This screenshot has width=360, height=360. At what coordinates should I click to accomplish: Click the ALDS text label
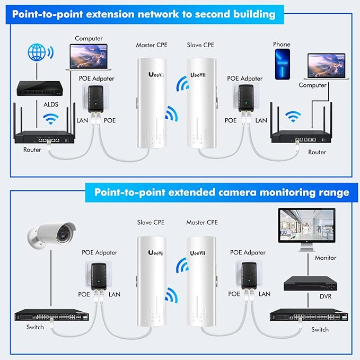coord(51,104)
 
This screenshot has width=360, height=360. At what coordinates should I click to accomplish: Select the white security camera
coord(51,234)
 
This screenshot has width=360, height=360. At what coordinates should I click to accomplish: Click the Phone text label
coord(282,45)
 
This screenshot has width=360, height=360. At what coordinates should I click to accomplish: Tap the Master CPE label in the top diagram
coord(152,45)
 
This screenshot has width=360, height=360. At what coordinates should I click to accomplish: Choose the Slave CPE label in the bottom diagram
coord(152,222)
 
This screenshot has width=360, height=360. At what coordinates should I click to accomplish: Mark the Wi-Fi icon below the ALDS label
coord(51,119)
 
